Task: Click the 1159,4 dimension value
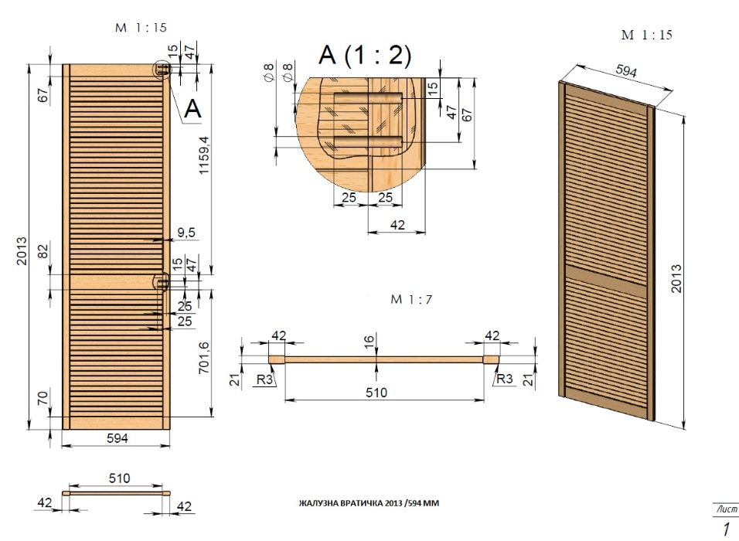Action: coord(203,155)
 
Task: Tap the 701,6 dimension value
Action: coord(203,358)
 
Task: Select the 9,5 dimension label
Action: coord(186,233)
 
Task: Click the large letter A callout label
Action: coord(192,109)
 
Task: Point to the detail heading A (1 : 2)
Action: coord(365,55)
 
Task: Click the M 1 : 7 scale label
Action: coord(411,299)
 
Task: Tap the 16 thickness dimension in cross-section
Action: coord(369,340)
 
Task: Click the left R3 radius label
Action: coord(265,379)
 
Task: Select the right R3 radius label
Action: coord(504,379)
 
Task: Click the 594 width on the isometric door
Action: coord(626,70)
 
